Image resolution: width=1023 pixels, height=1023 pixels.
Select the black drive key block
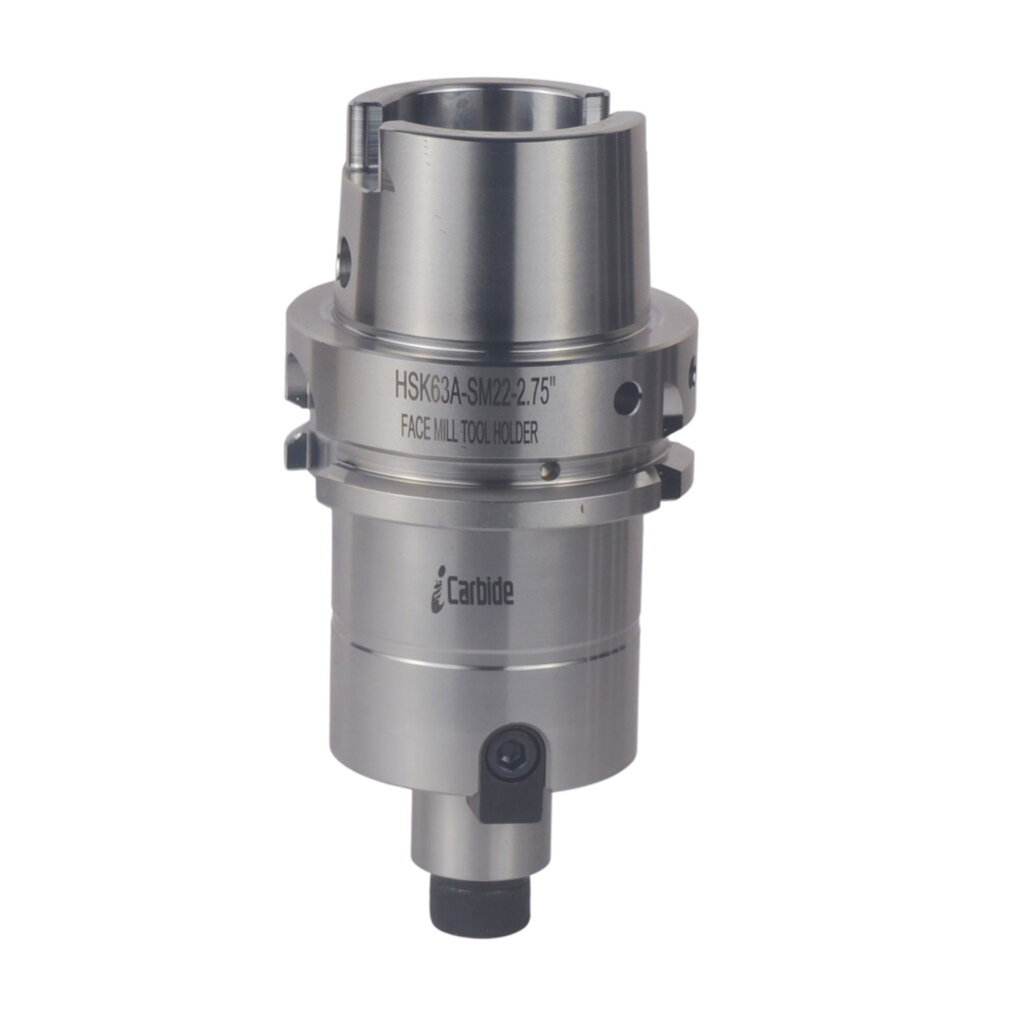(x=511, y=789)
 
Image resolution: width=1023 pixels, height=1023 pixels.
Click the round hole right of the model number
(x=626, y=398)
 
